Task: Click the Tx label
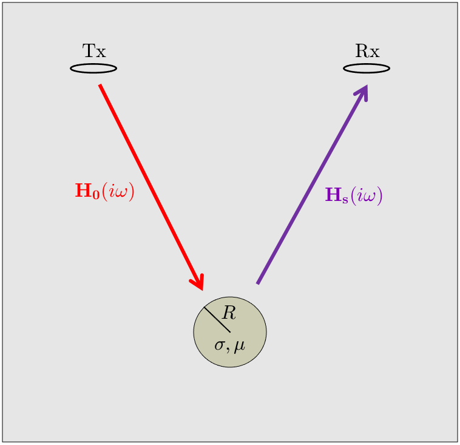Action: [x=94, y=51]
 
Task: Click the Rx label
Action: [x=367, y=51]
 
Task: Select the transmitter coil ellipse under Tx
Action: [x=93, y=69]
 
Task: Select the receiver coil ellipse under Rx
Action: [x=367, y=69]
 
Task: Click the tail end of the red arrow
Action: [x=100, y=85]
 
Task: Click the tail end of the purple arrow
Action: [x=257, y=284]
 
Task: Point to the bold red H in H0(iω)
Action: [x=84, y=190]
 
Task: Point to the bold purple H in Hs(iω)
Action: [x=334, y=194]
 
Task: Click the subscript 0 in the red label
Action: [x=96, y=195]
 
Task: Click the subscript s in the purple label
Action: [x=345, y=199]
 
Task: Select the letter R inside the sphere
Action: [x=229, y=313]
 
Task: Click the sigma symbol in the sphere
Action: [x=220, y=345]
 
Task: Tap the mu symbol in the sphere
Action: [x=239, y=347]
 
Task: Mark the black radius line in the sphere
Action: [x=217, y=319]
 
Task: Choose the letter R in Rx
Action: [x=362, y=51]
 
